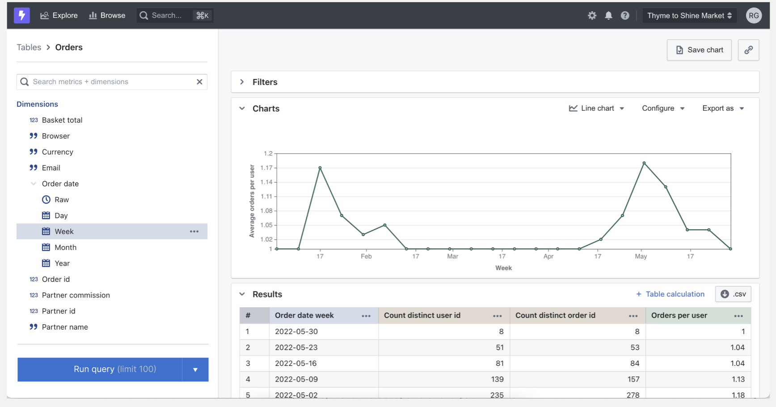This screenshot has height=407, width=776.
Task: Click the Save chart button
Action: [x=699, y=50]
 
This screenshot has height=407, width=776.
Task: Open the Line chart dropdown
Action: [x=596, y=108]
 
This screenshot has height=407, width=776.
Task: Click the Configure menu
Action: [x=663, y=108]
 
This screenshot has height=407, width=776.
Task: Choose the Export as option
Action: [x=722, y=108]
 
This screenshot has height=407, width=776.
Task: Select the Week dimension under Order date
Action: [x=64, y=231]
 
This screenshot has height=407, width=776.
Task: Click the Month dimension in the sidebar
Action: [x=65, y=247]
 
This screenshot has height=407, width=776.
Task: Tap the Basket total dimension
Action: [x=62, y=120]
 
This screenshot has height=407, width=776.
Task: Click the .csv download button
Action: [x=733, y=294]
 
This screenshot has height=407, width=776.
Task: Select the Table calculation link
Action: [x=670, y=294]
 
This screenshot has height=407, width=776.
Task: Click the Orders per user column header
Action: [x=679, y=315]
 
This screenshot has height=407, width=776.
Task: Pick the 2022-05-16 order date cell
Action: [x=296, y=363]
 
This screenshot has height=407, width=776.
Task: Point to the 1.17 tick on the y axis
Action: [x=266, y=168]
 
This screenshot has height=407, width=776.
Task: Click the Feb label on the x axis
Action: [x=366, y=256]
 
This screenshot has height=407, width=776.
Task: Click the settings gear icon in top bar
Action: [x=592, y=16]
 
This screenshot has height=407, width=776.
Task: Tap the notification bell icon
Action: [x=608, y=16]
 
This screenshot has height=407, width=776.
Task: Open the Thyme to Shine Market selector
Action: [x=689, y=16]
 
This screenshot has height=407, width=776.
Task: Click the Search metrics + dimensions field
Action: [x=112, y=82]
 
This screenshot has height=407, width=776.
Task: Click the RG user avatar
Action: [x=754, y=16]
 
